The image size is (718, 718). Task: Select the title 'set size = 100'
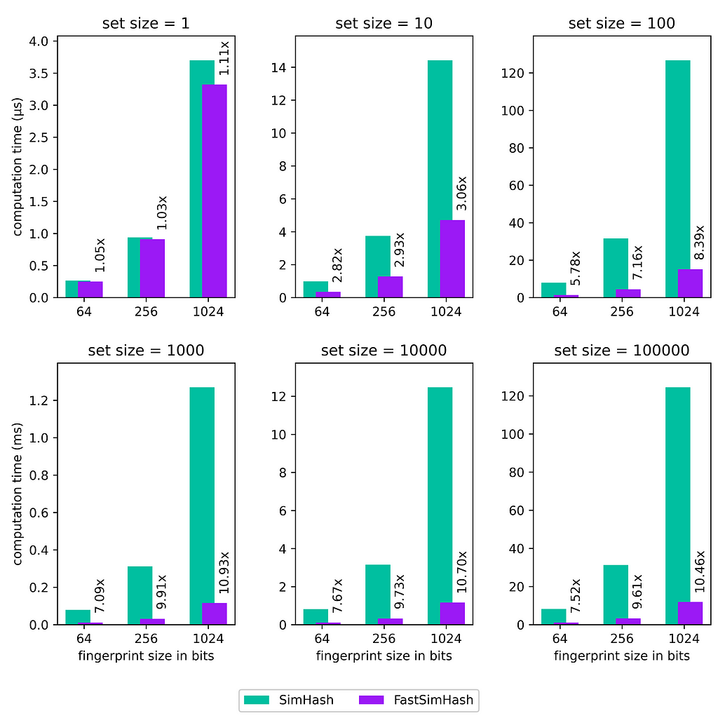pos(621,23)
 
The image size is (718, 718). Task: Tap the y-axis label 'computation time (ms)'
pos(18,494)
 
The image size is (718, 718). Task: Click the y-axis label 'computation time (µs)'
pos(18,168)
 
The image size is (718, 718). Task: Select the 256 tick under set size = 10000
pos(384,639)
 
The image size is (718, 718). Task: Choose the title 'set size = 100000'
pos(621,350)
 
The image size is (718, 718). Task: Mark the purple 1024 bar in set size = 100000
pos(690,613)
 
